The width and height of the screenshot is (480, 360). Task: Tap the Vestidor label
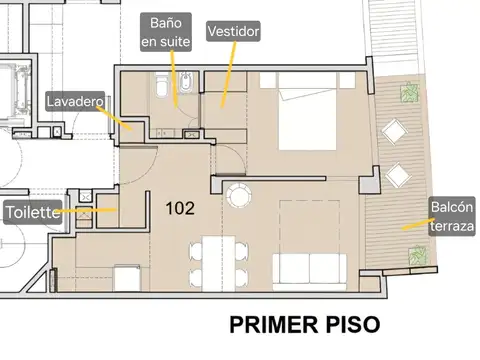233,32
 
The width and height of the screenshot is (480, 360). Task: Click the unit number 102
180,209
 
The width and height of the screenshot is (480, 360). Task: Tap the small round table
237,195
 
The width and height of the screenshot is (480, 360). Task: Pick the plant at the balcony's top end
410,93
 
